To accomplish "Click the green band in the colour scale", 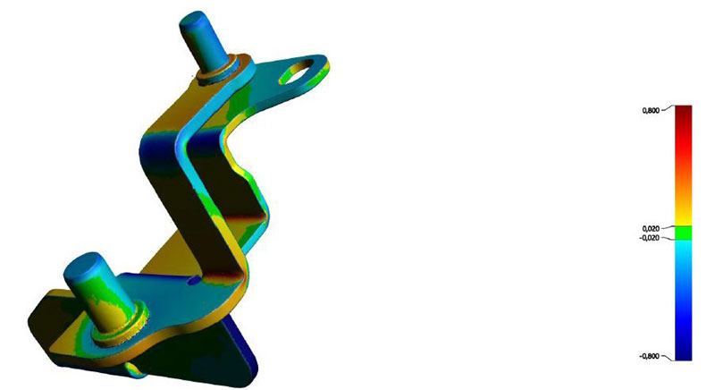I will (683, 233).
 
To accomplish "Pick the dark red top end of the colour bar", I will (683, 111).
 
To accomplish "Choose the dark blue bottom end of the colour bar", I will (683, 352).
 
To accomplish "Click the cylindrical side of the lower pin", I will (103, 295).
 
